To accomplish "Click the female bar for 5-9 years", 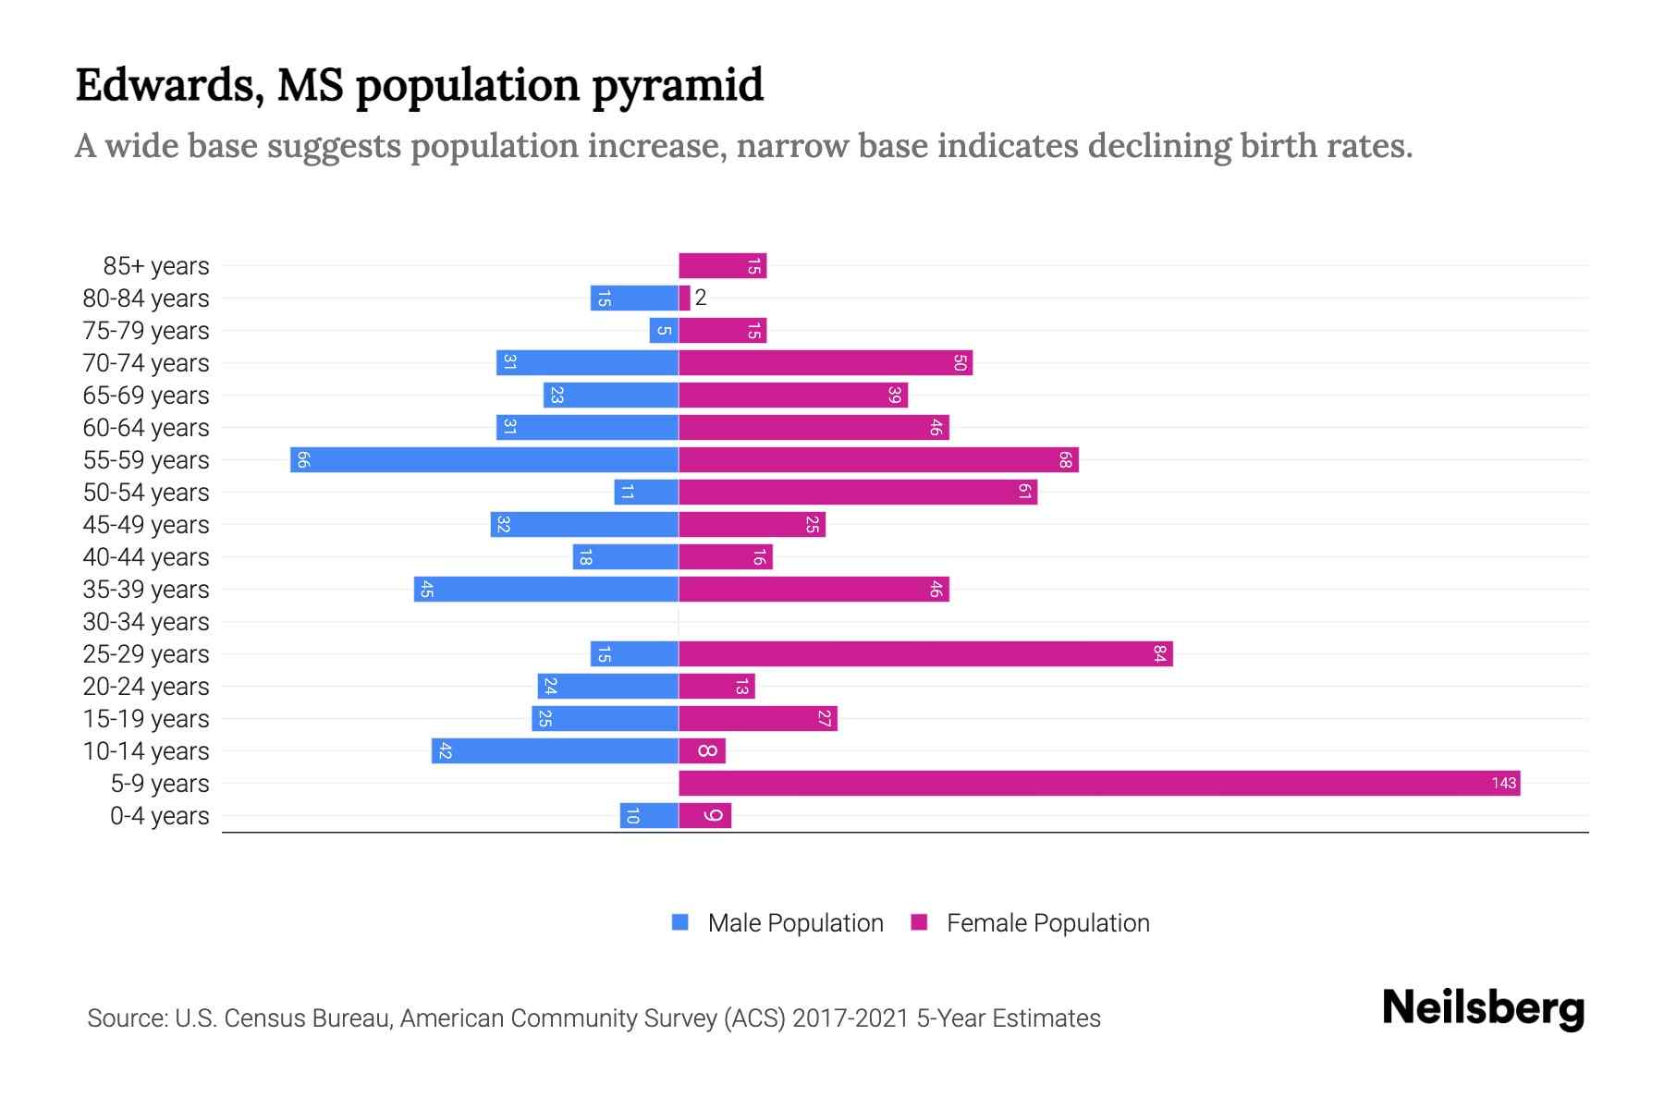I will click(1099, 783).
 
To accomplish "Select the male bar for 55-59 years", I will click(484, 459).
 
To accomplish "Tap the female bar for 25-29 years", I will click(925, 653).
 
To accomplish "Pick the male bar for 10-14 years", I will click(555, 750).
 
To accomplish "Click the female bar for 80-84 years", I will click(684, 298).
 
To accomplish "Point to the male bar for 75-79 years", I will click(664, 330).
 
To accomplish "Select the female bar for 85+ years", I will click(722, 265).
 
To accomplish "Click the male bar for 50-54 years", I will click(646, 492).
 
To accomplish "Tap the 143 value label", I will click(1503, 783).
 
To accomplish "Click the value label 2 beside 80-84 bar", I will click(701, 298).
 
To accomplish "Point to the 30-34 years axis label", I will click(146, 622).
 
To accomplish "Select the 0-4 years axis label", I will click(159, 816).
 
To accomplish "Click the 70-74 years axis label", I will click(146, 363).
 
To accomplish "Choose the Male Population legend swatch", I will click(680, 922).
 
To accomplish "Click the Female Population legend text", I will click(1047, 922).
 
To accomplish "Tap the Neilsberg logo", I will click(1483, 1008).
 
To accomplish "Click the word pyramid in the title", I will click(677, 85).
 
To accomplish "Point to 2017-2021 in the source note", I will click(850, 1018).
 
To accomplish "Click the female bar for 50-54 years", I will click(858, 492).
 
